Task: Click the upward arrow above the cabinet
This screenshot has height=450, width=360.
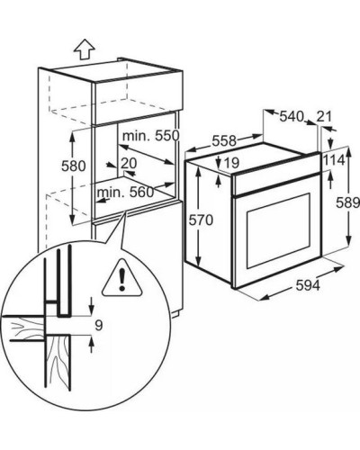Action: click(85, 49)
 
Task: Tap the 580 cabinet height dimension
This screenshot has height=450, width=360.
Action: click(74, 166)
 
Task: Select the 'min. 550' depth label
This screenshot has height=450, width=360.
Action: click(150, 136)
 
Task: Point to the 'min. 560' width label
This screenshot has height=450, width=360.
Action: click(125, 193)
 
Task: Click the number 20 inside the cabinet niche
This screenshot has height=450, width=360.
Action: click(129, 164)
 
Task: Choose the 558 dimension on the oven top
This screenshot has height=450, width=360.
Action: click(224, 140)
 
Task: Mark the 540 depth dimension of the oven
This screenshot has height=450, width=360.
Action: click(292, 116)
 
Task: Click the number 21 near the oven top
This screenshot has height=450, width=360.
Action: click(324, 116)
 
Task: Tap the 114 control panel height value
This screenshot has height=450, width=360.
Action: click(334, 160)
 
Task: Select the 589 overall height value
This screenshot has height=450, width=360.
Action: click(347, 203)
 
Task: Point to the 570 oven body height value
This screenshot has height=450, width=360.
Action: click(201, 220)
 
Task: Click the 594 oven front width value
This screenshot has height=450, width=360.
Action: click(308, 285)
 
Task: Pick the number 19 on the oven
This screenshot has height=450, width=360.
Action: click(231, 163)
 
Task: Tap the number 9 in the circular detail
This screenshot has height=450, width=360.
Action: click(99, 326)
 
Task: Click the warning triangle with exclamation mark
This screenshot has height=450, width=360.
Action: click(121, 278)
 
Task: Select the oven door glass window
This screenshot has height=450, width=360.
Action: click(278, 230)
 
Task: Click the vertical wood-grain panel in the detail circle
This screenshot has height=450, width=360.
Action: click(58, 363)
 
